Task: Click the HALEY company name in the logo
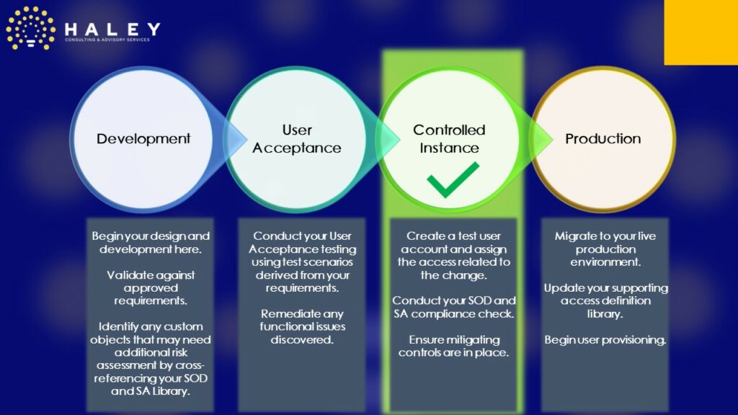[112, 30]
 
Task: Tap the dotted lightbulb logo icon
[30, 28]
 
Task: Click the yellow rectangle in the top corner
[701, 32]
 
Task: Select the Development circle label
[143, 139]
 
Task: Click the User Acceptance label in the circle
[297, 139]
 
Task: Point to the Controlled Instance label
[449, 139]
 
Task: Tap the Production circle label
[603, 139]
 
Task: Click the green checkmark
[453, 179]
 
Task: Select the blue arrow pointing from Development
[231, 139]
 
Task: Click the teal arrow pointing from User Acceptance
[383, 139]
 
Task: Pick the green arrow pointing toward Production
[535, 139]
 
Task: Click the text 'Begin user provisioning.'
[605, 340]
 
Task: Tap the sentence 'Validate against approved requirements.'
[151, 288]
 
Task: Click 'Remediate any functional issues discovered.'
[302, 326]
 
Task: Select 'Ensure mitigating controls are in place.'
[454, 347]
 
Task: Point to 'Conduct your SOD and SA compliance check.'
[454, 307]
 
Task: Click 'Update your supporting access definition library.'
[605, 300]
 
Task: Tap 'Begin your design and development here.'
[151, 243]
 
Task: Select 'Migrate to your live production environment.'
[605, 249]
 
